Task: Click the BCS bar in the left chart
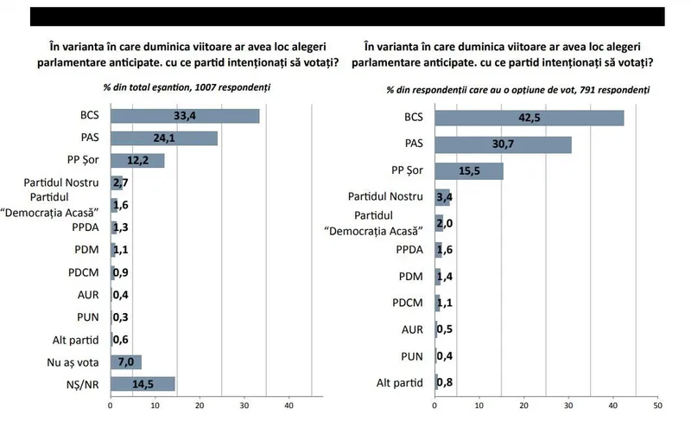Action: pos(185,116)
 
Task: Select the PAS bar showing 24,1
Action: pos(164,138)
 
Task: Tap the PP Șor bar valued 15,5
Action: pos(469,171)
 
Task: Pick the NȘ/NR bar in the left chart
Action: pos(143,384)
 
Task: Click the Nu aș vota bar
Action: pos(126,361)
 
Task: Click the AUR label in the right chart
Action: pos(413,329)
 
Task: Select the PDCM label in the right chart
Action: pos(408,303)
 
